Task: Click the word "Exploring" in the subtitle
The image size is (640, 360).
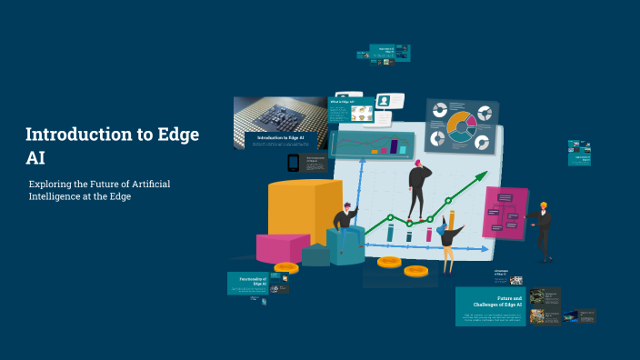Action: click(x=53, y=184)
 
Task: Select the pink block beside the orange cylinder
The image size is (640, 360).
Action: click(x=282, y=248)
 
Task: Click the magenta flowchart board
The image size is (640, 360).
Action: click(x=505, y=213)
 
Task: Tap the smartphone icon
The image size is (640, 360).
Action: click(x=293, y=163)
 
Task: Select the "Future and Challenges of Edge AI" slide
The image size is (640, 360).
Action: click(x=491, y=306)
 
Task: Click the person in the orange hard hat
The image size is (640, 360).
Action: click(x=542, y=228)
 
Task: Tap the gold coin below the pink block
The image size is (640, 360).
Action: click(x=286, y=267)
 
